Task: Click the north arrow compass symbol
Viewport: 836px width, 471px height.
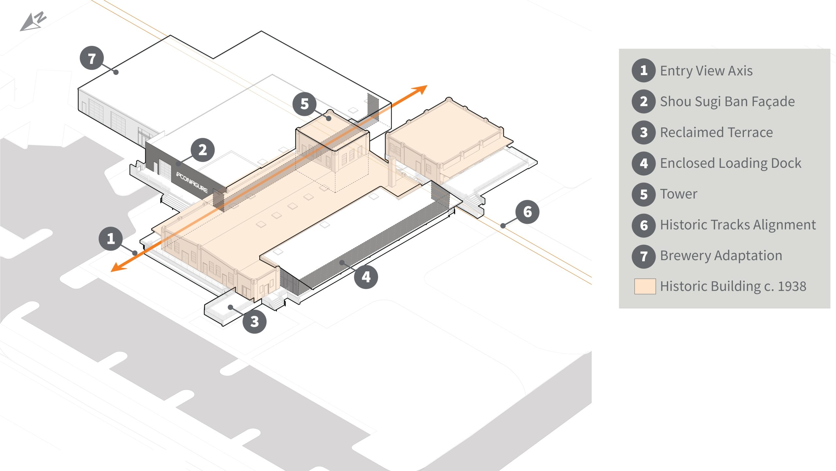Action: pyautogui.click(x=33, y=22)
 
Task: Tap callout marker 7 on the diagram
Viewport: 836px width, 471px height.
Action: pyautogui.click(x=92, y=58)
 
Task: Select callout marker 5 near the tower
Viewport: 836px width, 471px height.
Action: pyautogui.click(x=304, y=104)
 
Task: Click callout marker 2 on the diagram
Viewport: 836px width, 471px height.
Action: pyautogui.click(x=202, y=150)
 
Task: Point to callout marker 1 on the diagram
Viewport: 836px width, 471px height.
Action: pyautogui.click(x=111, y=239)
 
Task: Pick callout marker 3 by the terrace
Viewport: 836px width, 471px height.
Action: pyautogui.click(x=254, y=322)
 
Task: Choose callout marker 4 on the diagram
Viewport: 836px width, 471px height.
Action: pyautogui.click(x=366, y=277)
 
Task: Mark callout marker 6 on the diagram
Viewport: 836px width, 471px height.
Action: pyautogui.click(x=527, y=212)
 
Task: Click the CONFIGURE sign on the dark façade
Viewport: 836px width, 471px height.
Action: pyautogui.click(x=192, y=182)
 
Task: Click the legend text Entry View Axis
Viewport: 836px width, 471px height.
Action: pyautogui.click(x=706, y=71)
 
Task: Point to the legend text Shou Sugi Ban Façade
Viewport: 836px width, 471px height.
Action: pyautogui.click(x=727, y=102)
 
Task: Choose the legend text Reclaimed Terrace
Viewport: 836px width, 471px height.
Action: pyautogui.click(x=716, y=132)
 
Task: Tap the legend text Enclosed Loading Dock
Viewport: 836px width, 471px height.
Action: pyautogui.click(x=731, y=163)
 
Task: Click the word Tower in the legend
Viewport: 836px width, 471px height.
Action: pyautogui.click(x=678, y=194)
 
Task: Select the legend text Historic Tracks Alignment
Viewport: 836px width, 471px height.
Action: pyautogui.click(x=738, y=225)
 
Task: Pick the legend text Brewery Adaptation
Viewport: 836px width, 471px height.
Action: pyautogui.click(x=721, y=256)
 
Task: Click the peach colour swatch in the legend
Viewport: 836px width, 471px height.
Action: pyautogui.click(x=645, y=286)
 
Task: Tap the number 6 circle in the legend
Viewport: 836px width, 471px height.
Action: pyautogui.click(x=644, y=225)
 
